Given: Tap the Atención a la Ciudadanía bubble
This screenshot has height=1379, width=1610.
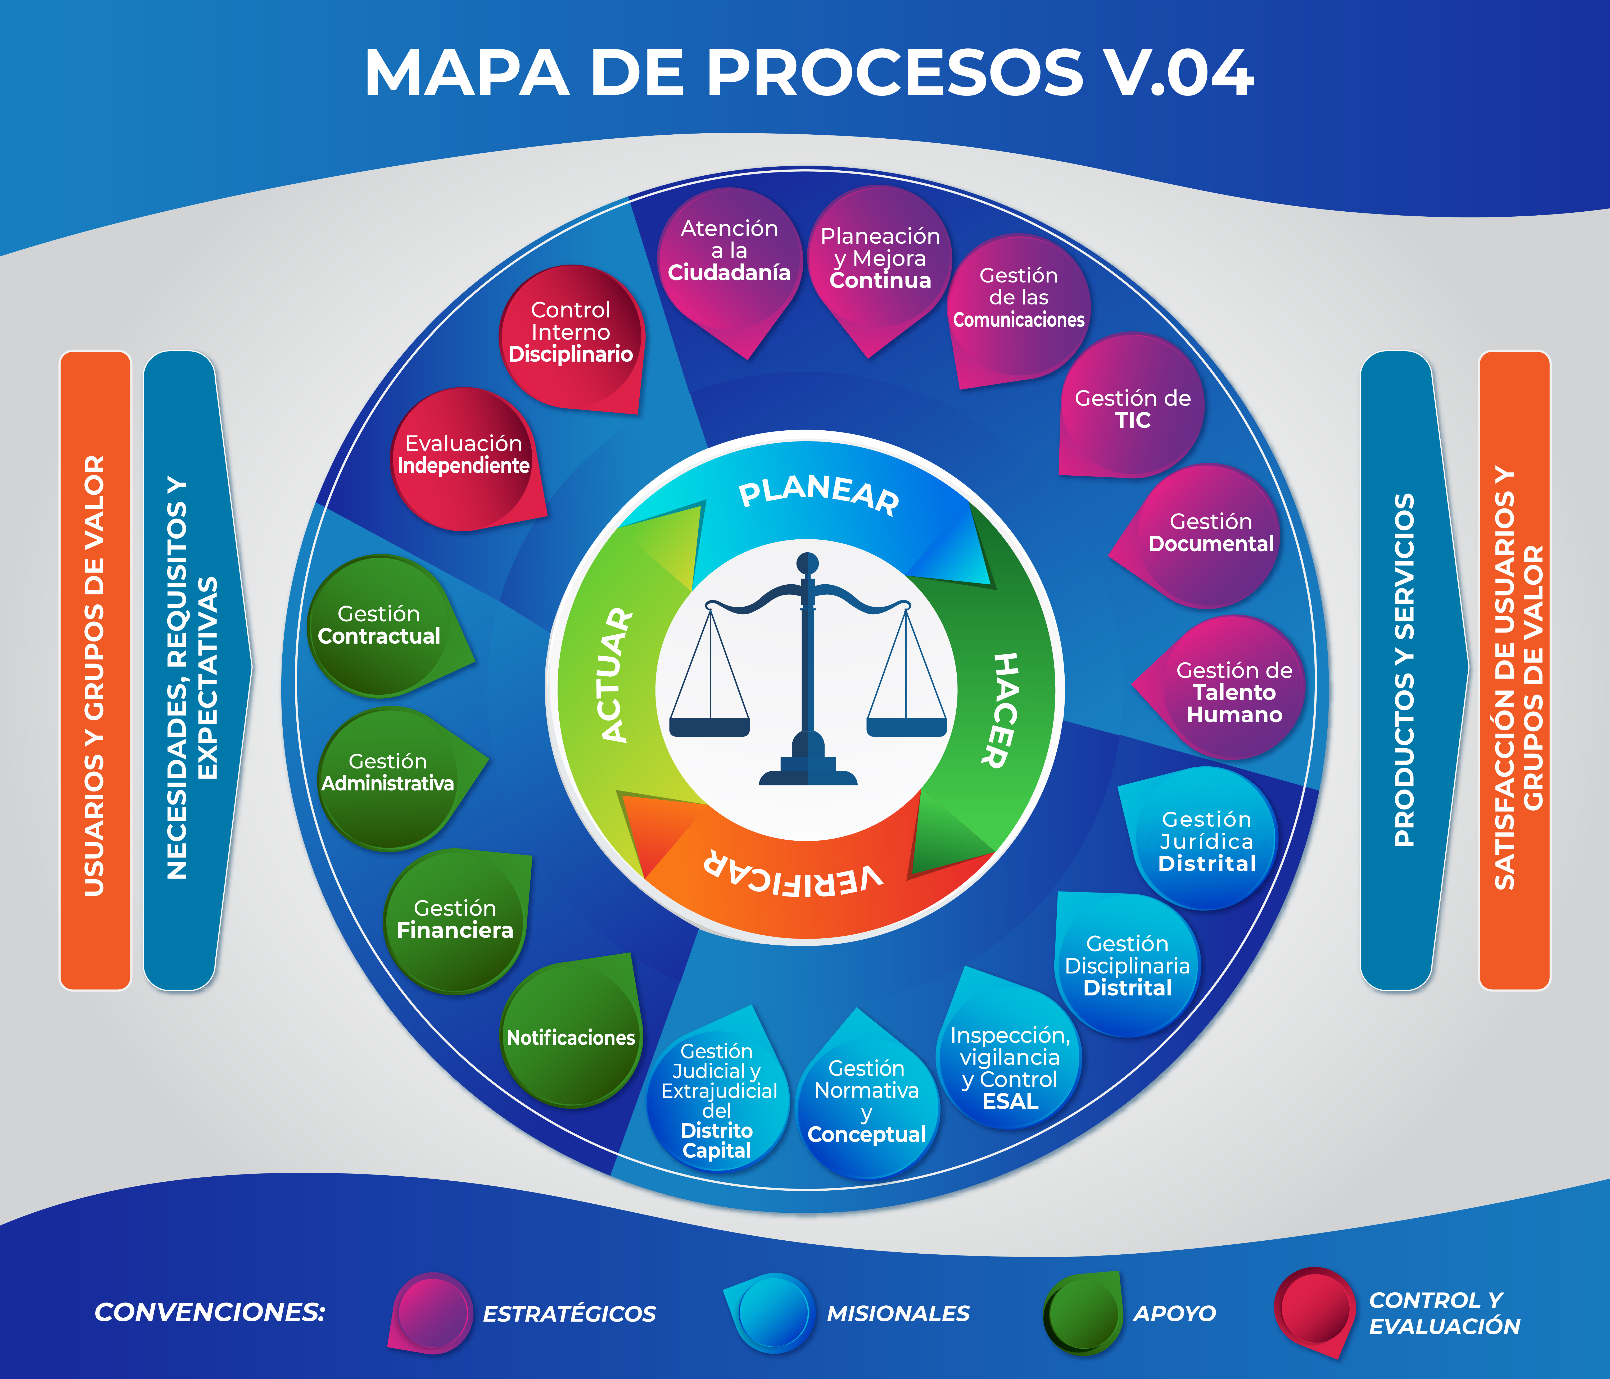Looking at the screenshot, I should (x=729, y=256).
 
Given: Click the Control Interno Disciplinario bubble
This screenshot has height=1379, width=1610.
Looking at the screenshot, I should (x=571, y=334).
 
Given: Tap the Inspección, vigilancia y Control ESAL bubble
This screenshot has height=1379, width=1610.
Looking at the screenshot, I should (x=1010, y=1068).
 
